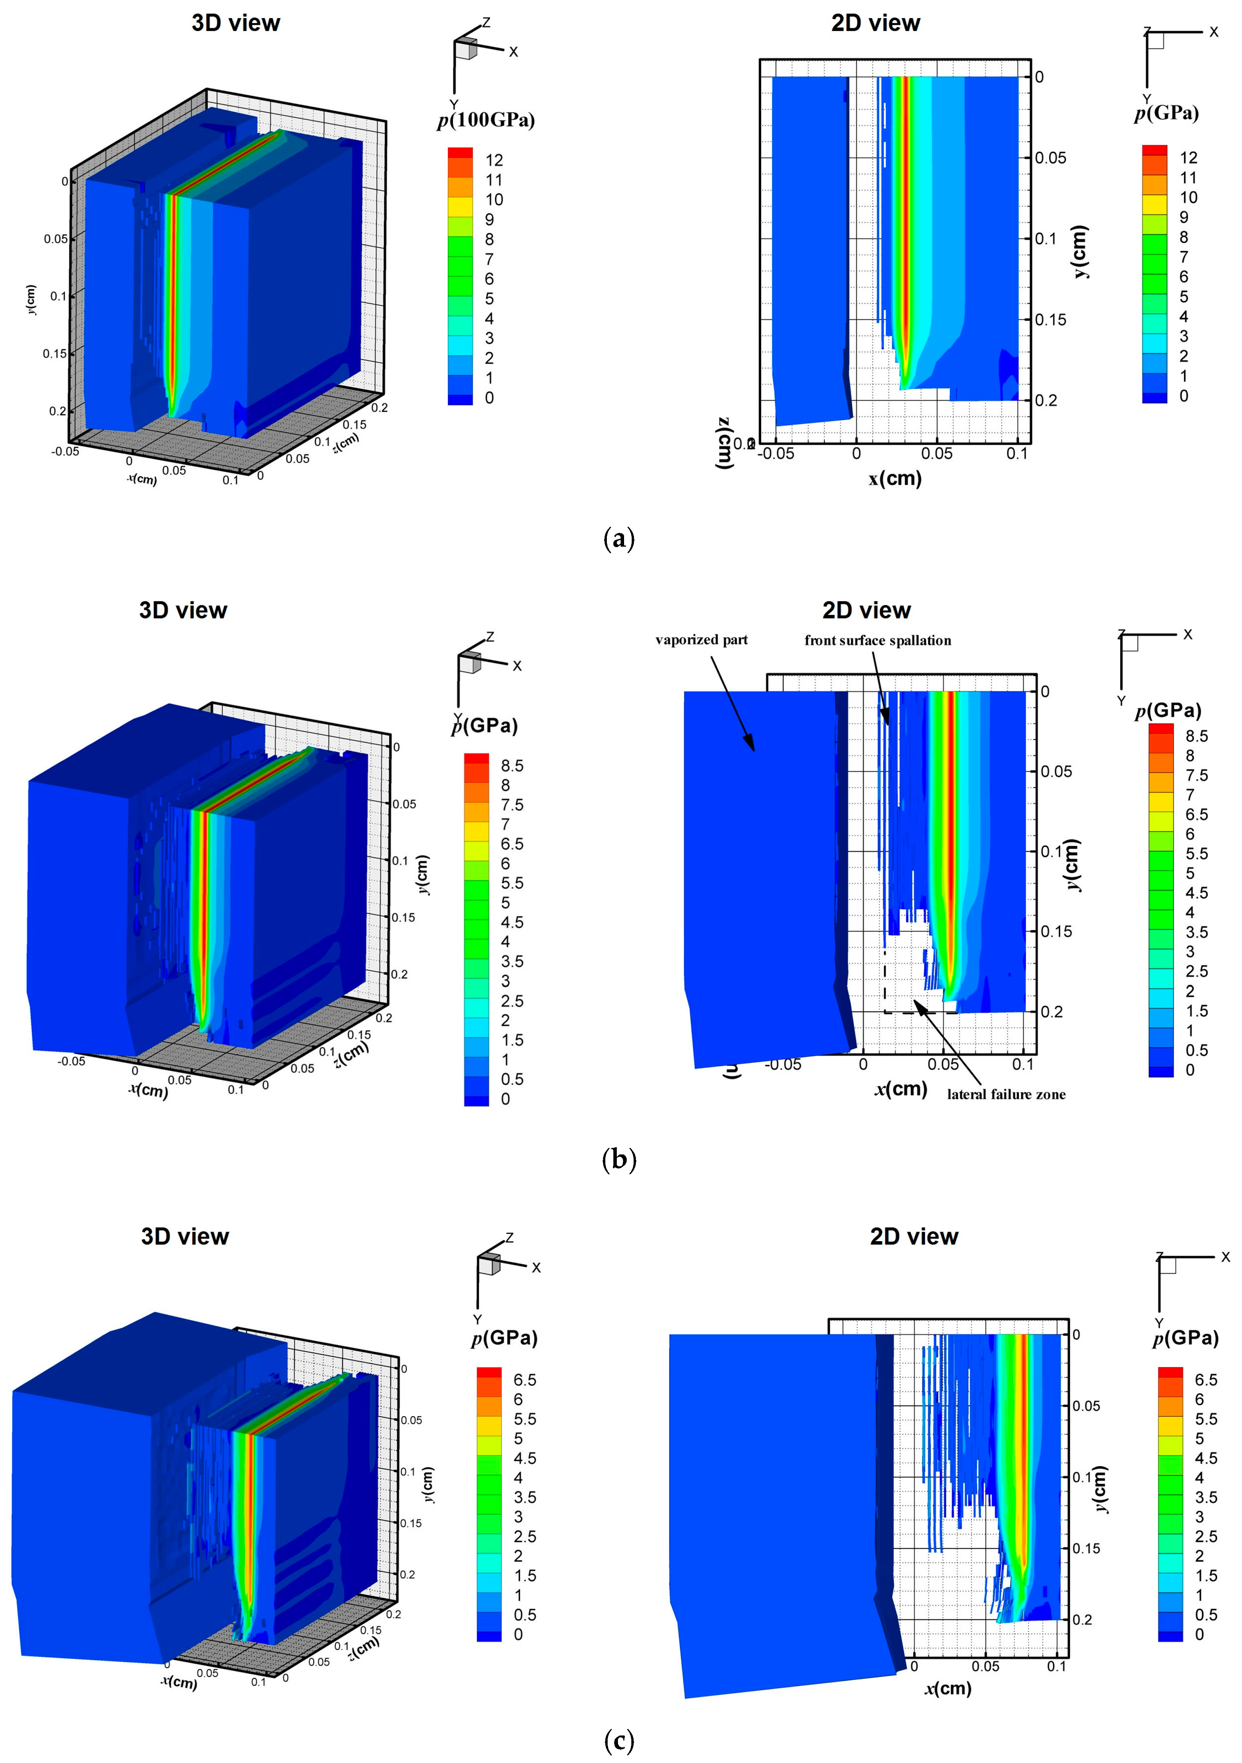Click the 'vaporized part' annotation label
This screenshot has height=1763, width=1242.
(x=701, y=639)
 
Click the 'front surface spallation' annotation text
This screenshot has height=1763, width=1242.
(x=877, y=640)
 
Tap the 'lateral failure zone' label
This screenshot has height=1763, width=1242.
(x=1006, y=1094)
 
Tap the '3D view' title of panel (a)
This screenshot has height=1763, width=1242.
(x=236, y=23)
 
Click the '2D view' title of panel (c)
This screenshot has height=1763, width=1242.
(x=914, y=1236)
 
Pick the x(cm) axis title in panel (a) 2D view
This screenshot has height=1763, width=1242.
(x=895, y=478)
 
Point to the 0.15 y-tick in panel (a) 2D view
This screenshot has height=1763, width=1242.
(x=1050, y=319)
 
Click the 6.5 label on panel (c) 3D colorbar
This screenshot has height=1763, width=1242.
(x=525, y=1380)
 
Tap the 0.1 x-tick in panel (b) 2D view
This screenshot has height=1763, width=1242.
(x=1022, y=1064)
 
